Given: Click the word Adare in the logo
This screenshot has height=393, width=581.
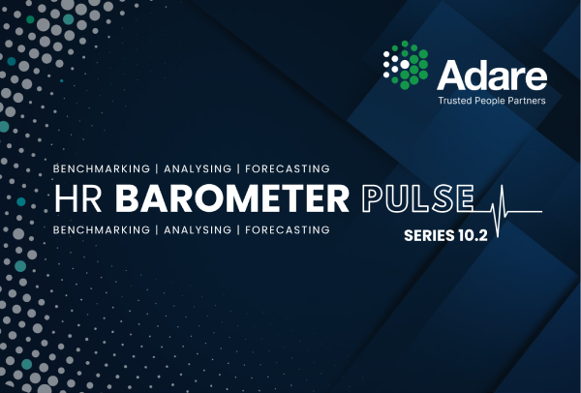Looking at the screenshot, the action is coord(492,76).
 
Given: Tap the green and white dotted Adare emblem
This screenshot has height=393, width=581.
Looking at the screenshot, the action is coord(406,65).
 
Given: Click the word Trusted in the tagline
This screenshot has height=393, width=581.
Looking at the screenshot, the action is coord(455,101).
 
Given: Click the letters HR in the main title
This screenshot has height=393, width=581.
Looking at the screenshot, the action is coord(78,198).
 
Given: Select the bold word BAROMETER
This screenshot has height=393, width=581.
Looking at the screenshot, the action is coord(232,198).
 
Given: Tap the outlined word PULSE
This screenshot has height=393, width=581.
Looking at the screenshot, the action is coord(417,198).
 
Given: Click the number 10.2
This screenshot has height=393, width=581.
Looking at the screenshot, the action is coord(473,235).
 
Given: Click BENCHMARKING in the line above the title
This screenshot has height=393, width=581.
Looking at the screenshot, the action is coord(102,168).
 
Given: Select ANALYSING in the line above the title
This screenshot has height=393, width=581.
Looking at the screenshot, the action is coord(198,168).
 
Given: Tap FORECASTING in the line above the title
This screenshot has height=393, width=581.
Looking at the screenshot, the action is coord(288,168).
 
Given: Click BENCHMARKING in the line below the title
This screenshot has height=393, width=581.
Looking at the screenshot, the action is coord(102,230).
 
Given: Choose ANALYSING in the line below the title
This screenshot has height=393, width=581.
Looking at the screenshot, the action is coord(198,230).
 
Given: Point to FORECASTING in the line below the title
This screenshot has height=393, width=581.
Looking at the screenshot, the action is coord(288,230).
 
